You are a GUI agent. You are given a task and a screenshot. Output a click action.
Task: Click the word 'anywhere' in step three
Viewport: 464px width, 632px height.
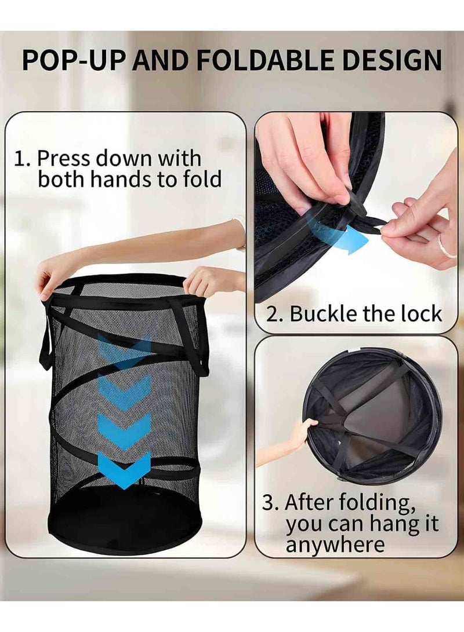pyautogui.click(x=335, y=544)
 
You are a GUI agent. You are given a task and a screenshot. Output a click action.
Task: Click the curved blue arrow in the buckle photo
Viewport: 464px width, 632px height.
pyautogui.click(x=333, y=232)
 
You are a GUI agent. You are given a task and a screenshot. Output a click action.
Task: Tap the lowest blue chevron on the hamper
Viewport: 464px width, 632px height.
pyautogui.click(x=124, y=469)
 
